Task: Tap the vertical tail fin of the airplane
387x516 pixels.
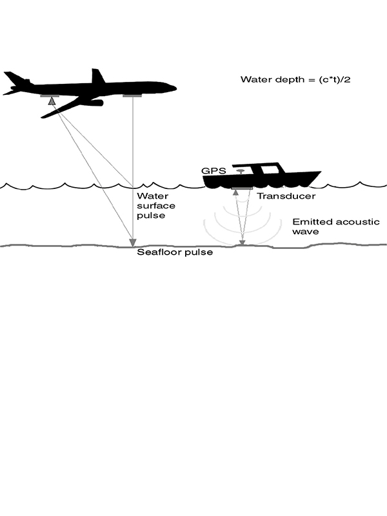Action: point(97,76)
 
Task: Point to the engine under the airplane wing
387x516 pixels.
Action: point(93,103)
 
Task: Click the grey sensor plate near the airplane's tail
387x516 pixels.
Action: point(50,96)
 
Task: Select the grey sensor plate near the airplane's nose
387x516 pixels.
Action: point(132,96)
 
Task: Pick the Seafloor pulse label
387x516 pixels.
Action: point(174,252)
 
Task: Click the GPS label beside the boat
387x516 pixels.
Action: point(212,170)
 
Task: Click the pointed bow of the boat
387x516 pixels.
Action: point(319,173)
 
